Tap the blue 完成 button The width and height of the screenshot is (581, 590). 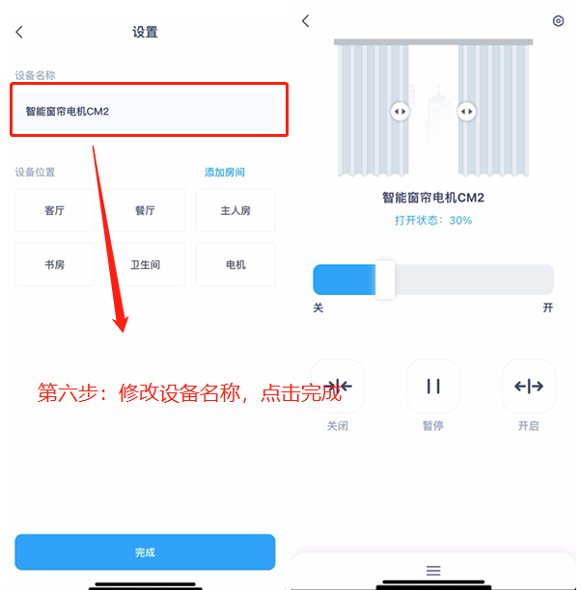click(145, 552)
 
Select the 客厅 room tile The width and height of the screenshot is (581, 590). click(55, 210)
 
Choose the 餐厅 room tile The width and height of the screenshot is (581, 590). click(145, 210)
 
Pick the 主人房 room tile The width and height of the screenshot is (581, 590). click(235, 210)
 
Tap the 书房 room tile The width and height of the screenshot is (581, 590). click(55, 264)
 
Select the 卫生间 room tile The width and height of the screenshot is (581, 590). click(145, 264)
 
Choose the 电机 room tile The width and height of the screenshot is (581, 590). click(235, 264)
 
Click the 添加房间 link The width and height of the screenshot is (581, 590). click(225, 173)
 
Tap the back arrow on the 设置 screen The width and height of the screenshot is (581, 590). click(19, 32)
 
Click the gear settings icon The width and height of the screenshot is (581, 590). click(558, 21)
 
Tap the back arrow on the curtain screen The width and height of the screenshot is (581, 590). click(306, 21)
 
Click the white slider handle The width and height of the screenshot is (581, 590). click(385, 280)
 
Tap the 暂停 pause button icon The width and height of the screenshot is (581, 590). click(433, 387)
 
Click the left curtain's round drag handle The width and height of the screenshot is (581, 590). click(400, 112)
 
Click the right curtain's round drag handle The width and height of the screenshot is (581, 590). click(467, 112)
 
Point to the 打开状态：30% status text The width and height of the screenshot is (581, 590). click(433, 221)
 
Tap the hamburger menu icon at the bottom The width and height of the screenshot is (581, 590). click(433, 571)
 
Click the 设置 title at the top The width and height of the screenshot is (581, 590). click(145, 32)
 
